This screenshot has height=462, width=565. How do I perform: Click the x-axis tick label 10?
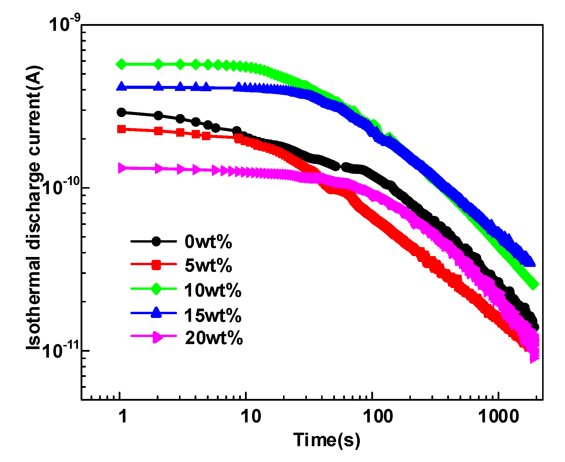(251, 416)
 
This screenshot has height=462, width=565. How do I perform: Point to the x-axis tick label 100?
(378, 416)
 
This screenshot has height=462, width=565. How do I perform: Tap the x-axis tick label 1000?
(498, 416)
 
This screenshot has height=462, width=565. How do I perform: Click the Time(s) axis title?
(326, 440)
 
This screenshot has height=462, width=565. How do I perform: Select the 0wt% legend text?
(208, 242)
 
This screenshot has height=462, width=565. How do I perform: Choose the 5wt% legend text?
(208, 265)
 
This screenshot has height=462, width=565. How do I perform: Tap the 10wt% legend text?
(212, 290)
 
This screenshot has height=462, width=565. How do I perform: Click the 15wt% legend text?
(212, 315)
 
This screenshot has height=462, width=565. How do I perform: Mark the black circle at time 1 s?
(121, 112)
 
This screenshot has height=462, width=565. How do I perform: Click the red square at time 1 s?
(121, 129)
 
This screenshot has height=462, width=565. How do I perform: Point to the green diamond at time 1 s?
(121, 64)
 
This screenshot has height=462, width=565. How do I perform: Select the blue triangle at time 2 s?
(158, 87)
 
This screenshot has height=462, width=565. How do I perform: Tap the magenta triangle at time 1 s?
(121, 168)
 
